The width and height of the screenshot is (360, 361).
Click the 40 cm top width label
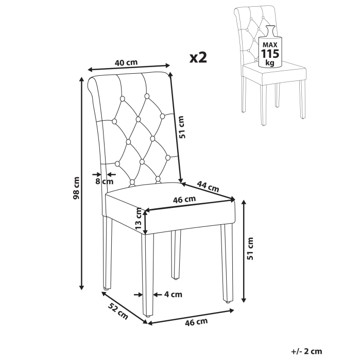click(126, 63)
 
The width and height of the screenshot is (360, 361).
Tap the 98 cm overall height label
click(76, 188)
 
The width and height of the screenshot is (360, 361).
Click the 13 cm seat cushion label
click(139, 219)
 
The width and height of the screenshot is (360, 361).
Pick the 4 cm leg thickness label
click(173, 295)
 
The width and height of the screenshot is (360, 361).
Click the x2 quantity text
click(198, 57)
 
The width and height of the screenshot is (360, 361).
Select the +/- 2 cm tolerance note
click(306, 352)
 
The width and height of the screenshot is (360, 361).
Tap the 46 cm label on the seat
click(184, 199)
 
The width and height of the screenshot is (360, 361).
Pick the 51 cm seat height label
click(251, 249)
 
